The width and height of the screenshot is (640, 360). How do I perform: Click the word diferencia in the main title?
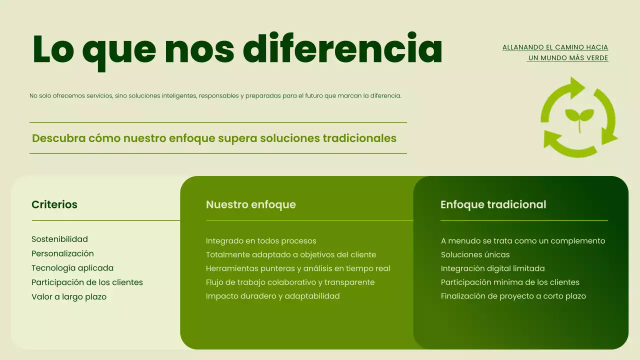pyautogui.click(x=342, y=48)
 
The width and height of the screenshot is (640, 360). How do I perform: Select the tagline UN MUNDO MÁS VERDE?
pyautogui.click(x=568, y=58)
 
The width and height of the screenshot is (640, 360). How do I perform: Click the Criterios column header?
pyautogui.click(x=54, y=204)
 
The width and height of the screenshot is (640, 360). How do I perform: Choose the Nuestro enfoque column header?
pyautogui.click(x=250, y=204)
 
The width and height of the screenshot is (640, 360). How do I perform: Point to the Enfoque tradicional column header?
pyautogui.click(x=493, y=204)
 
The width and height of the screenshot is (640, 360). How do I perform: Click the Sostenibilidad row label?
pyautogui.click(x=59, y=239)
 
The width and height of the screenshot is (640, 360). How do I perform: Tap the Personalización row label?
pyautogui.click(x=62, y=253)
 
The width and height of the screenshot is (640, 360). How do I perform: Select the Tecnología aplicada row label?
pyautogui.click(x=72, y=268)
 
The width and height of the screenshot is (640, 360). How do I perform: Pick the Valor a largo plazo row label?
pyautogui.click(x=69, y=297)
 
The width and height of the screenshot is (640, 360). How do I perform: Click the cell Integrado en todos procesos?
pyautogui.click(x=261, y=241)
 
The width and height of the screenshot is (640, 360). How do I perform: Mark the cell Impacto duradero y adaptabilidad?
pyautogui.click(x=272, y=296)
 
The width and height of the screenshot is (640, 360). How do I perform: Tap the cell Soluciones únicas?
pyautogui.click(x=475, y=255)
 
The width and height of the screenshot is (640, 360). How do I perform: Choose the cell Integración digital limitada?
pyautogui.click(x=492, y=268)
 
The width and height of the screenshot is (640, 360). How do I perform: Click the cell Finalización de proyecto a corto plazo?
pyautogui.click(x=513, y=296)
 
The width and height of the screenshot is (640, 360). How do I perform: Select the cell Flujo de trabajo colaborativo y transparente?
pyautogui.click(x=290, y=282)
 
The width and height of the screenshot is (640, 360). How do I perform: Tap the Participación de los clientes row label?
pyautogui.click(x=87, y=282)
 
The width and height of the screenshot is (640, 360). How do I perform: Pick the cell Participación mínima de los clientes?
pyautogui.click(x=510, y=282)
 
